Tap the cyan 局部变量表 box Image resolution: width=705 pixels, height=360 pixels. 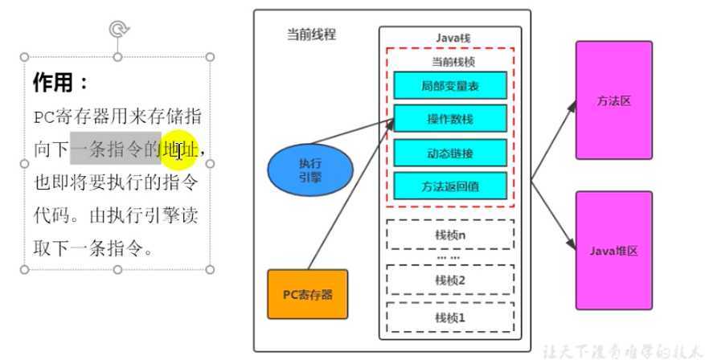(450, 84)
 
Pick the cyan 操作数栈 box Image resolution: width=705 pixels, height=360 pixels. (450, 118)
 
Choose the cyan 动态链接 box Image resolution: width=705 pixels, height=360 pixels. (450, 152)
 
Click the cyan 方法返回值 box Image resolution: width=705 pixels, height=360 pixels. (450, 186)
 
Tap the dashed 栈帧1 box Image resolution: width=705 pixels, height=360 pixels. (450, 317)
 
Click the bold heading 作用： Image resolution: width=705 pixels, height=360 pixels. (61, 83)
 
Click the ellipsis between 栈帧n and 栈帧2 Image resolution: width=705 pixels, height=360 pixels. (449, 257)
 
